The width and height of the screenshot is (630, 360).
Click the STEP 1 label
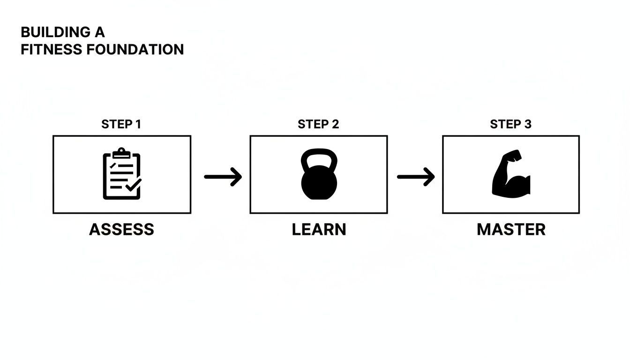[x=121, y=124]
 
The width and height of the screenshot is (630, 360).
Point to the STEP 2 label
[x=318, y=124]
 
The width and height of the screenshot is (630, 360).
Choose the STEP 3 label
[x=510, y=124]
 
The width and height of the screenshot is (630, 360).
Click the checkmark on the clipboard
[x=133, y=187]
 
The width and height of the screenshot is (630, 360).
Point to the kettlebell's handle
[x=319, y=159]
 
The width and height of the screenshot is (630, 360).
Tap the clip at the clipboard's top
[x=121, y=152]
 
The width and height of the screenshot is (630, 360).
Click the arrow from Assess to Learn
[x=223, y=177]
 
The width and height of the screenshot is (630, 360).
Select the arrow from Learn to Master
[x=416, y=177]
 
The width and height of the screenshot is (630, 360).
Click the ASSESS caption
[x=121, y=230]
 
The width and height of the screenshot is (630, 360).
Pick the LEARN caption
[x=319, y=230]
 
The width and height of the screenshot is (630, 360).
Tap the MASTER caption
[x=511, y=230]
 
